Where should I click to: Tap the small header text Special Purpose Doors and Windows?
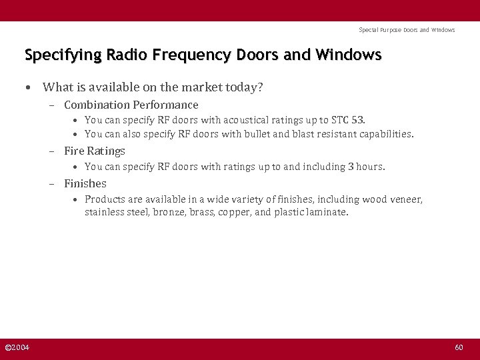(407, 30)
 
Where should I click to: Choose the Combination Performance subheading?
(131, 105)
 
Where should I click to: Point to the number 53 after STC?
(357, 120)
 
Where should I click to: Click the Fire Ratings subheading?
(94, 151)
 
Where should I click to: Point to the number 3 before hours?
(351, 167)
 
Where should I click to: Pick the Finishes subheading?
(85, 183)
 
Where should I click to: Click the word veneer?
(405, 199)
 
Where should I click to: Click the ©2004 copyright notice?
(17, 348)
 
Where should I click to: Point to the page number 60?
(459, 348)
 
